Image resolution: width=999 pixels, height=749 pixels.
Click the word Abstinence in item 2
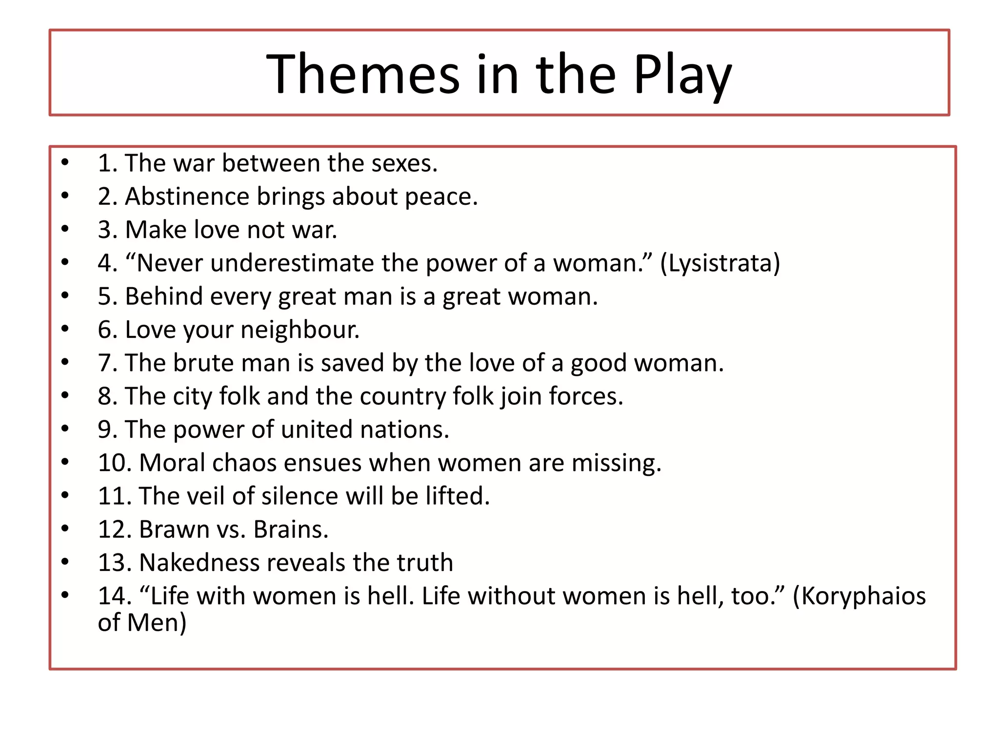(187, 197)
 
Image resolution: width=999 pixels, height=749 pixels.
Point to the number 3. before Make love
(107, 230)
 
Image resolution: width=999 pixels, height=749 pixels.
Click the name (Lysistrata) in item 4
(720, 263)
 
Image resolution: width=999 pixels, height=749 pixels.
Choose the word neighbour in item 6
(300, 330)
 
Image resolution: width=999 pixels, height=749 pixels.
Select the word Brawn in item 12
(174, 530)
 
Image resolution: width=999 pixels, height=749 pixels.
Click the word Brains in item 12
(291, 530)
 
